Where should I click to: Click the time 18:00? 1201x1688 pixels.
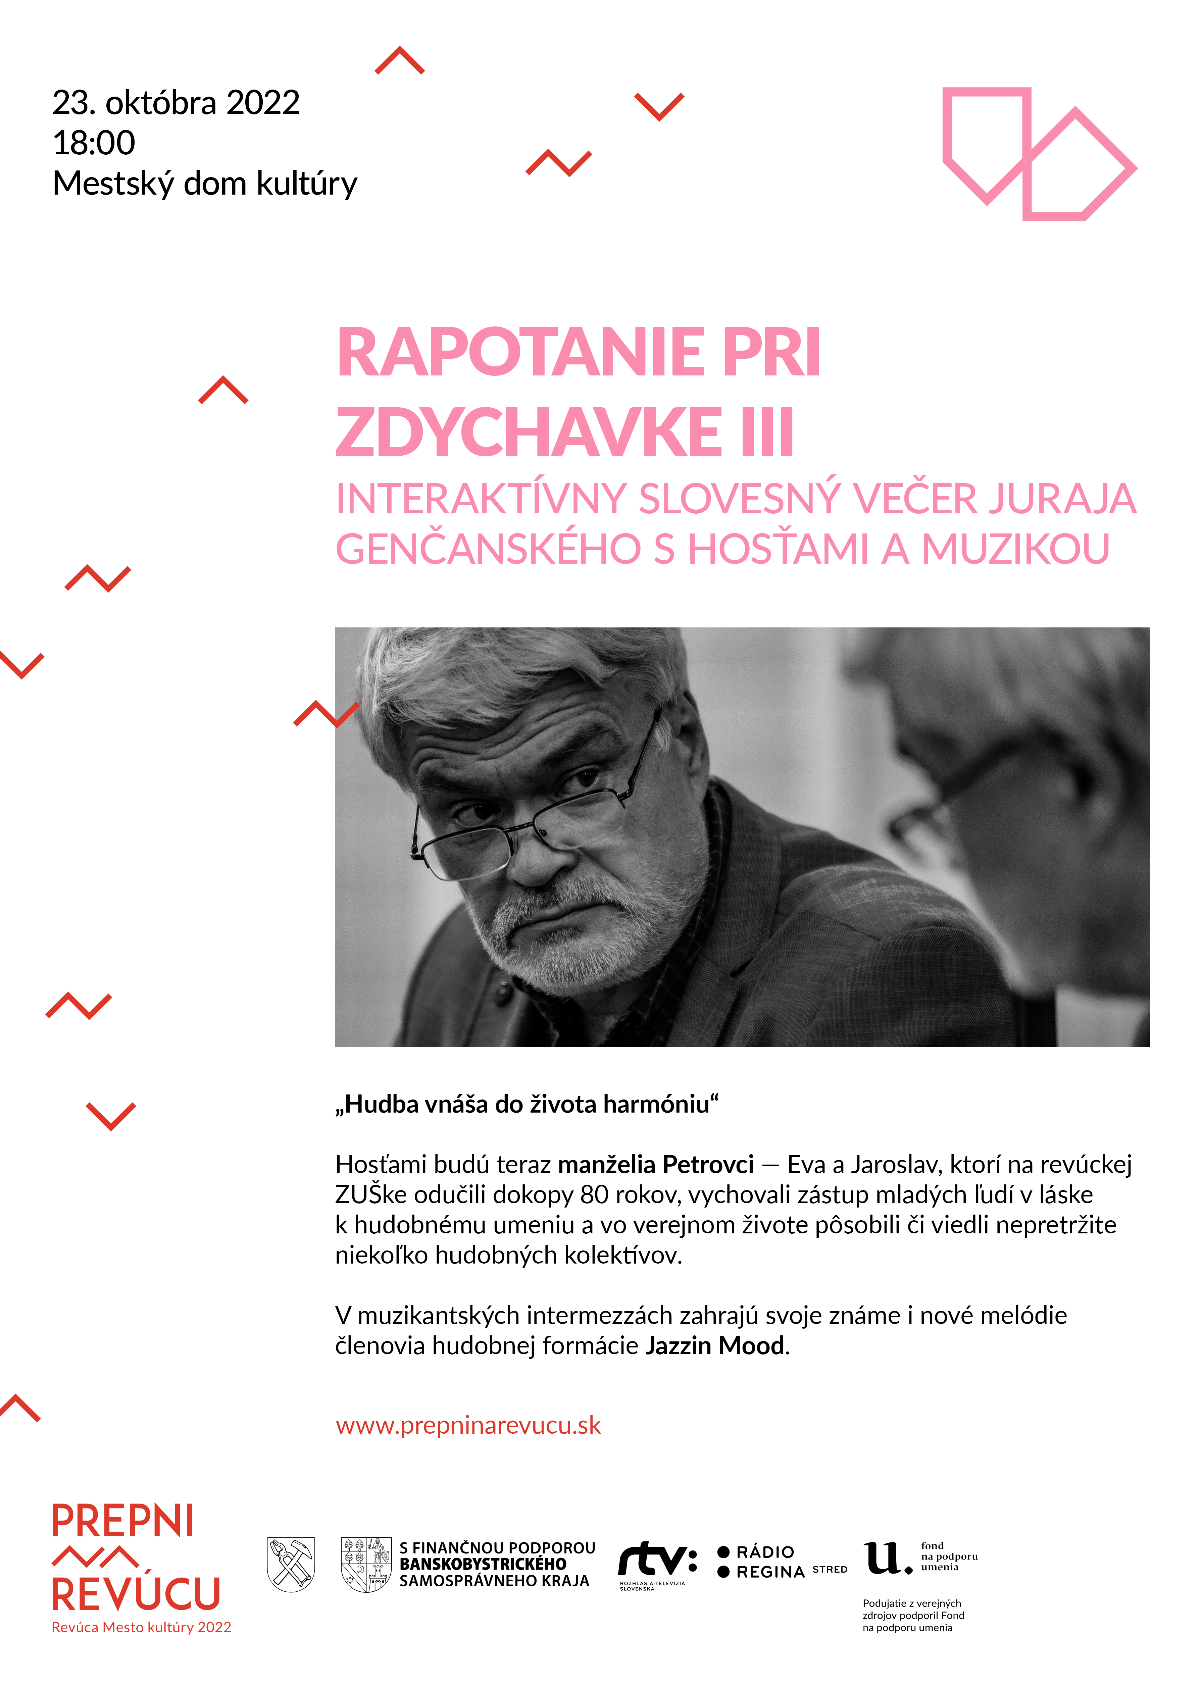point(94,143)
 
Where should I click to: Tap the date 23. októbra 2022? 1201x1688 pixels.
point(176,103)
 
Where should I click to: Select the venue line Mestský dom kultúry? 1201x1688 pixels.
point(205,184)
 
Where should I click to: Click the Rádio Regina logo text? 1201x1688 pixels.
point(769,1562)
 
